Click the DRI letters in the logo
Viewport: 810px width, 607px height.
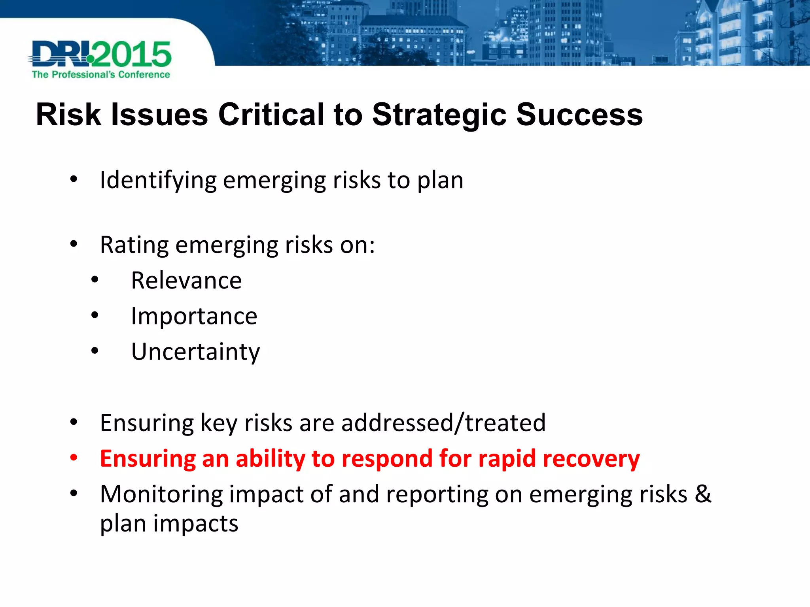click(x=59, y=54)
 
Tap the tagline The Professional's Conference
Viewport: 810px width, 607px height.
click(x=101, y=75)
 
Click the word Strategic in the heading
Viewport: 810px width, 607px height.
click(x=439, y=115)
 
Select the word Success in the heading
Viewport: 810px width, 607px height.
click(x=579, y=115)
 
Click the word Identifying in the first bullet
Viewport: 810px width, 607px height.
click(x=158, y=181)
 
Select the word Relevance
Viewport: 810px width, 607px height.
click(x=186, y=281)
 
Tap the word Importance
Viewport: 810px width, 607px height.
click(x=194, y=316)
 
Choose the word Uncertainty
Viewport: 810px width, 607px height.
click(x=196, y=352)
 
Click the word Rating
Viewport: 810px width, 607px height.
click(x=134, y=245)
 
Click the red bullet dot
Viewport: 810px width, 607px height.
click(x=74, y=458)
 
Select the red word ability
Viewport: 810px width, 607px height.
click(x=271, y=459)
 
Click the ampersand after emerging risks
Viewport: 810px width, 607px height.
click(x=703, y=494)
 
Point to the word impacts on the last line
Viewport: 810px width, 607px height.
click(x=196, y=524)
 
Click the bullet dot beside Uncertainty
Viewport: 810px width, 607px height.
click(x=95, y=351)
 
